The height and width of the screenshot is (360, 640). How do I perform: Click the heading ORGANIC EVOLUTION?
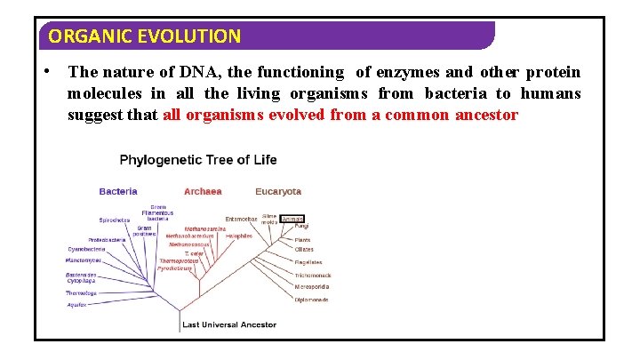(144, 36)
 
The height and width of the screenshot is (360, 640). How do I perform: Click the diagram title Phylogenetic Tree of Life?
(198, 160)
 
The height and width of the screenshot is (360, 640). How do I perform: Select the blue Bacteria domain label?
(118, 191)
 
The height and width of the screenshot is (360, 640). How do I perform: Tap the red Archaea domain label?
(203, 191)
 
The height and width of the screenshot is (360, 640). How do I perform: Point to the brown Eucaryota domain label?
(278, 191)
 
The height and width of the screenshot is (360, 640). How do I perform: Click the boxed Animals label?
(293, 218)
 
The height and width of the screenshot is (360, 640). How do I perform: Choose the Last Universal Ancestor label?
(228, 324)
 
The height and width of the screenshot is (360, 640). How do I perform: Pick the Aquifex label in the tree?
(77, 304)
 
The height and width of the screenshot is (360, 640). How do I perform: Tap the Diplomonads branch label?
(311, 300)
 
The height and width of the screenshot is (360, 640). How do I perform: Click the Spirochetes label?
(115, 220)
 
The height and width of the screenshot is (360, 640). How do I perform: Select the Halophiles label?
(238, 236)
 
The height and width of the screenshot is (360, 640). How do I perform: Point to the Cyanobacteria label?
(86, 250)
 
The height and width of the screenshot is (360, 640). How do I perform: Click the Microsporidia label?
(311, 287)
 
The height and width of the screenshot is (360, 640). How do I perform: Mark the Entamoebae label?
(241, 218)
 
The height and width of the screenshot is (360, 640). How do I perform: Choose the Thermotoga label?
(81, 292)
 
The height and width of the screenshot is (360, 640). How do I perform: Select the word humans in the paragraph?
(550, 93)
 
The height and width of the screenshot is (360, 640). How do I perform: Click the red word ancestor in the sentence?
(486, 115)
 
